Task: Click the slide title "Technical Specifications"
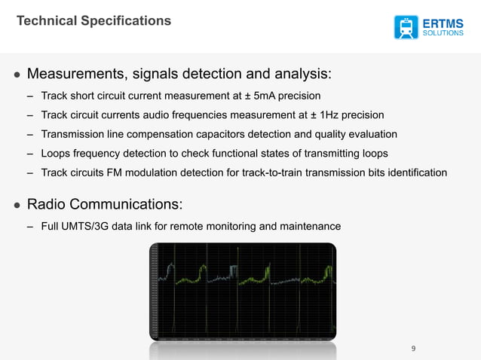(94, 21)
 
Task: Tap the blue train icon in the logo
(406, 26)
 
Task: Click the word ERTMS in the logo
(443, 20)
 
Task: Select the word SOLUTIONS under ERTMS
(443, 33)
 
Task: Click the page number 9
(413, 348)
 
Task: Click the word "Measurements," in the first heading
(75, 75)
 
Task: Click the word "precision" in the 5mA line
(296, 96)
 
